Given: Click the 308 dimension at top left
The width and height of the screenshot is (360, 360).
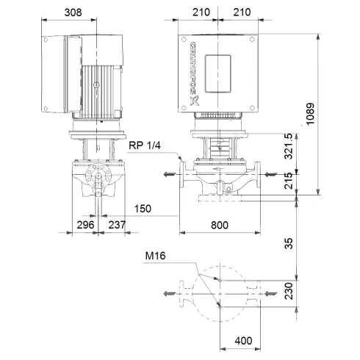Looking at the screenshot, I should coord(71,12).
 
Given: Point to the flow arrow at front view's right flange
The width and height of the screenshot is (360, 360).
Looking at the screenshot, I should coord(271,174).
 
